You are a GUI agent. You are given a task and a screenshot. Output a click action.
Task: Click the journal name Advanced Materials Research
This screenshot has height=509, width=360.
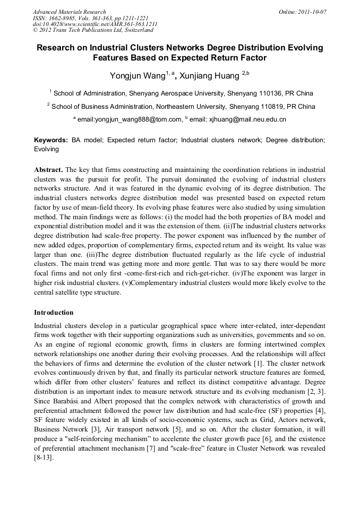tap(69, 12)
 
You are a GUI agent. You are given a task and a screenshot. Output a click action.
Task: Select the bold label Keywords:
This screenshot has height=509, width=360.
tap(51, 141)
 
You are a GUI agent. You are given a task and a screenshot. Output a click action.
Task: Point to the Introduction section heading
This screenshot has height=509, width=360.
tap(54, 313)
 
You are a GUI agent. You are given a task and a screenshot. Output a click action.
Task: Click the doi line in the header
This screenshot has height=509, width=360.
tap(95, 24)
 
